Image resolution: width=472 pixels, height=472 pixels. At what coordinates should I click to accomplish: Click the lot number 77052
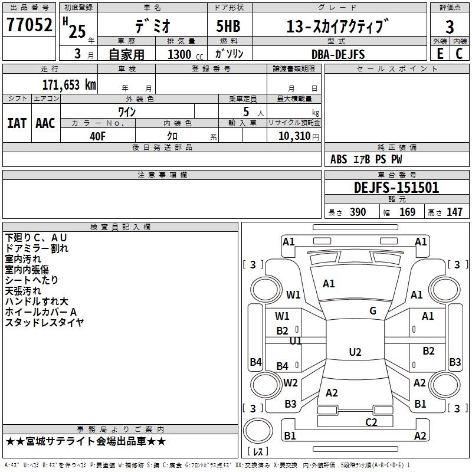pyautogui.click(x=29, y=24)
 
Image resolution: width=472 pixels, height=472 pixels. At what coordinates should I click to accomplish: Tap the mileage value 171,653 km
pyautogui.click(x=69, y=85)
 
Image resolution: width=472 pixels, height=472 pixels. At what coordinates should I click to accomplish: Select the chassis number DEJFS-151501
pyautogui.click(x=396, y=188)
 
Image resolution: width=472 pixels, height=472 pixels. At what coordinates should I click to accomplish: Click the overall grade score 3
pyautogui.click(x=450, y=27)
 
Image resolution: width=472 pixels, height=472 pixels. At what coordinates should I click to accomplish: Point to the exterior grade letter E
pyautogui.click(x=440, y=54)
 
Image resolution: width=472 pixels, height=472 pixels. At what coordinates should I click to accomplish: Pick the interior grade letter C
pyautogui.click(x=459, y=54)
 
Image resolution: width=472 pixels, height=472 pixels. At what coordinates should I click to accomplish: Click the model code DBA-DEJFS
pyautogui.click(x=338, y=54)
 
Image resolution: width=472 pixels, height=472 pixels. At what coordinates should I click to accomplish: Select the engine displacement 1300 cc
pyautogui.click(x=185, y=54)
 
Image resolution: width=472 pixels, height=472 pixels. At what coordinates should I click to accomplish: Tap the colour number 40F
pyautogui.click(x=97, y=136)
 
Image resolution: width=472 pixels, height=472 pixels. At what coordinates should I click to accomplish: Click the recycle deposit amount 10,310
pyautogui.click(x=294, y=136)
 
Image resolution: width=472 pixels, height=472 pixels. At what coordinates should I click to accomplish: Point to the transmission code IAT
pyautogui.click(x=17, y=123)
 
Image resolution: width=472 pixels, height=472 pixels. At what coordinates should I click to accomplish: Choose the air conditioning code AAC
pyautogui.click(x=45, y=123)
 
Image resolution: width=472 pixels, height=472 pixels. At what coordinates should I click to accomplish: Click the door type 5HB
pyautogui.click(x=228, y=26)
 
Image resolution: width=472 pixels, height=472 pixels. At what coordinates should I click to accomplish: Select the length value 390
pyautogui.click(x=358, y=212)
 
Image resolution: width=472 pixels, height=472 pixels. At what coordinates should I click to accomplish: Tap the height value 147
pyautogui.click(x=454, y=212)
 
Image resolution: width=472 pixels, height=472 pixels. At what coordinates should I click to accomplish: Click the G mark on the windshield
pyautogui.click(x=373, y=311)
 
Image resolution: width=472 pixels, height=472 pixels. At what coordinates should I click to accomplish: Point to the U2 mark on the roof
pyautogui.click(x=355, y=352)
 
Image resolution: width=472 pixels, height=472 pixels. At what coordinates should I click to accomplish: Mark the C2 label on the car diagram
pyautogui.click(x=371, y=422)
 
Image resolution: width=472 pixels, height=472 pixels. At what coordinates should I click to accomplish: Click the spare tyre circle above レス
pyautogui.click(x=258, y=431)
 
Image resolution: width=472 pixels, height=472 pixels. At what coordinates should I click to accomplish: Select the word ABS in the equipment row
pyautogui.click(x=339, y=159)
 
